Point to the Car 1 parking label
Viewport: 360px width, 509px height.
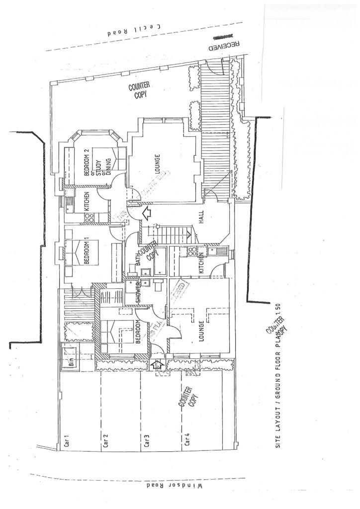pos(65,440)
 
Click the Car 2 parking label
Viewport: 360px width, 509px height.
pos(105,440)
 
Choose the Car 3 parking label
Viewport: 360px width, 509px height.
pos(146,440)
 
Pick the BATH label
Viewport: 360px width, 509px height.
pos(139,258)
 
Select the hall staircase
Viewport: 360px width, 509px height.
pos(172,231)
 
